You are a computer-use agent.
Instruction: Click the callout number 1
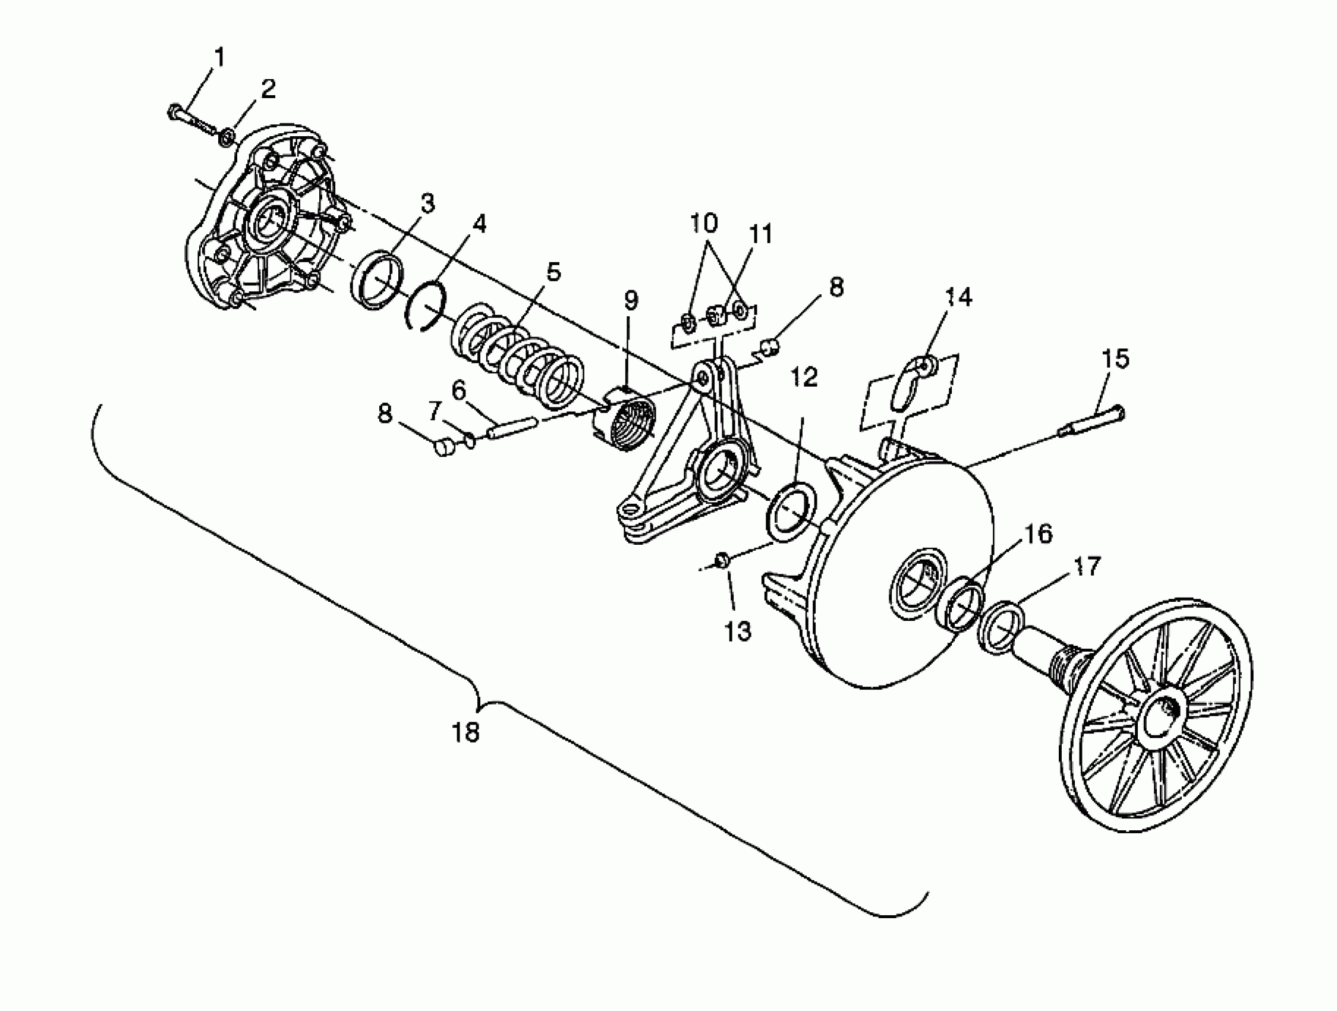click(219, 58)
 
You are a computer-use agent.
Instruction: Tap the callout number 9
click(630, 299)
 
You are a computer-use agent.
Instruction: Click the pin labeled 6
click(511, 426)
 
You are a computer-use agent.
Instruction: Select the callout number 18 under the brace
click(465, 732)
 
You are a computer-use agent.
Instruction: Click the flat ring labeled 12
click(791, 507)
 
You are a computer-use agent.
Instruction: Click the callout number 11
click(761, 234)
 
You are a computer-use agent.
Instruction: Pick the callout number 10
click(703, 223)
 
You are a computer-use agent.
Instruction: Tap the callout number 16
click(1039, 534)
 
